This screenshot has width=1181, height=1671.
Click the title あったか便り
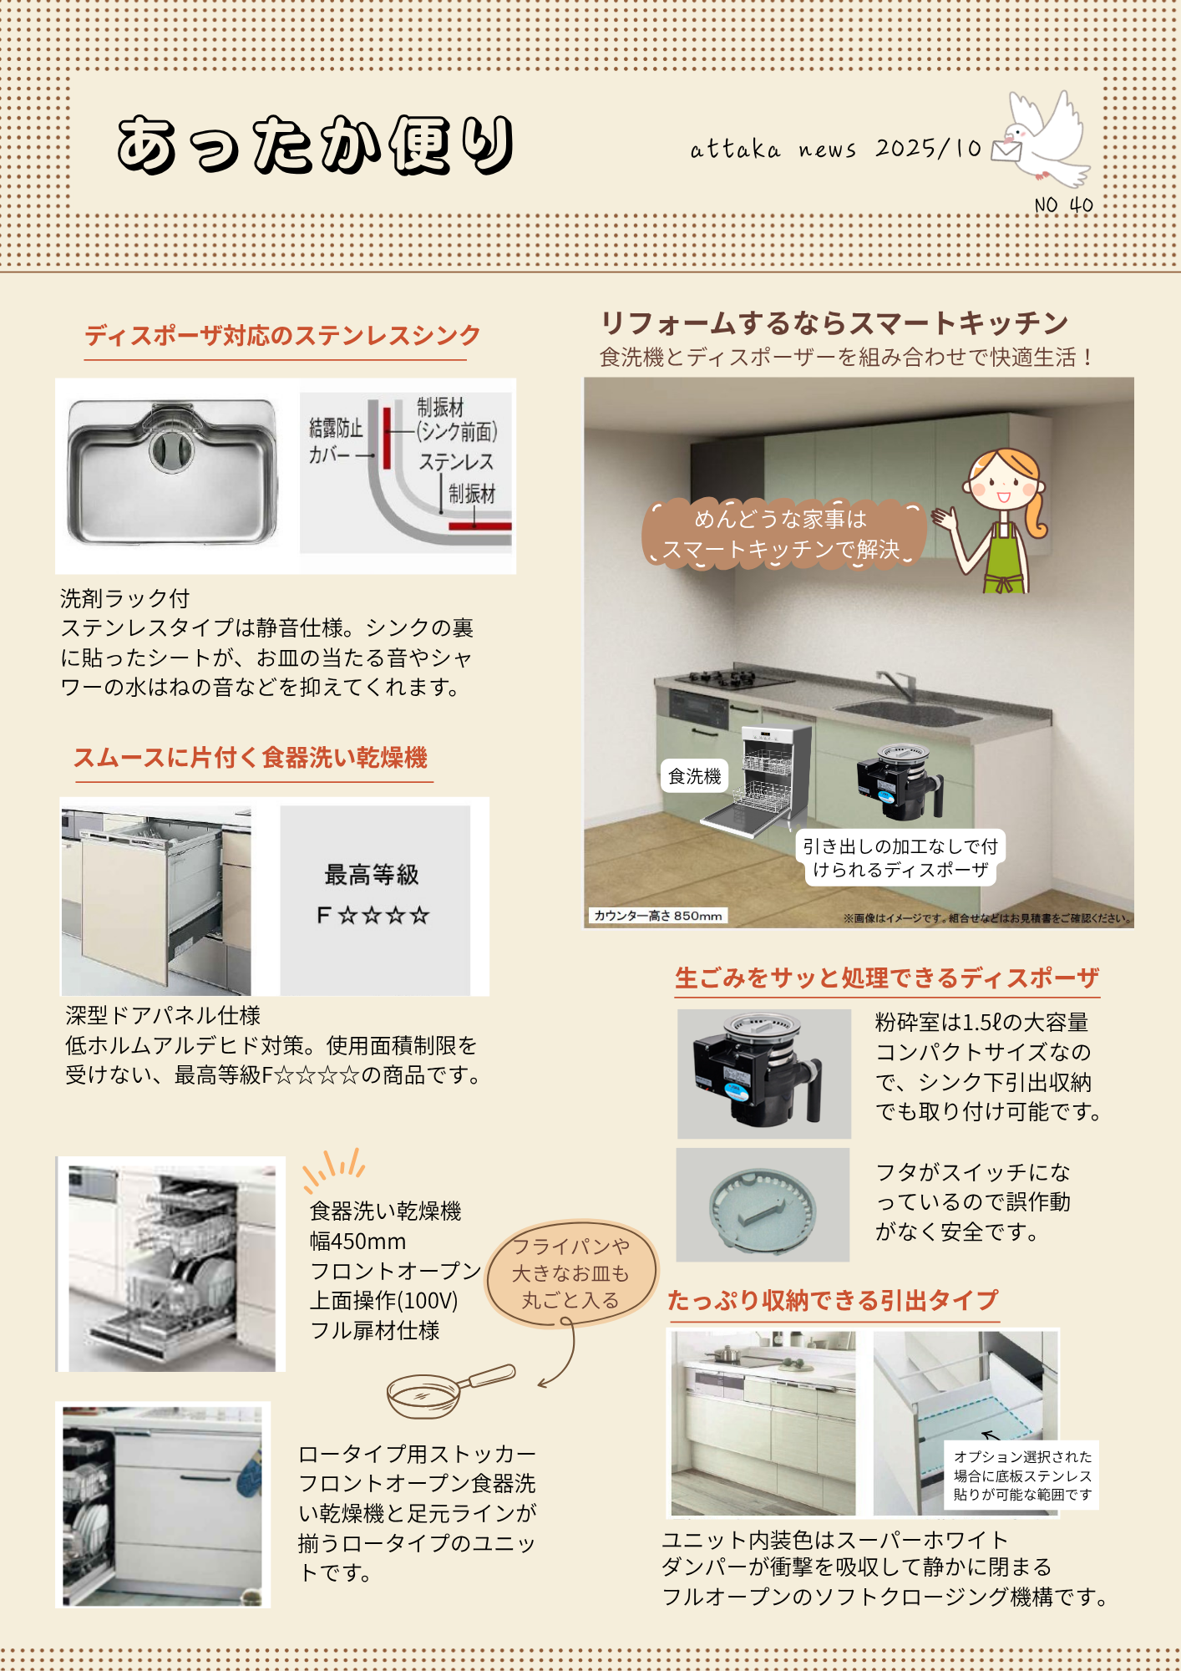tap(316, 145)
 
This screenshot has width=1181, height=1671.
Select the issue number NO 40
tap(1063, 205)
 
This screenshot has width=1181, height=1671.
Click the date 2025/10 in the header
tap(928, 148)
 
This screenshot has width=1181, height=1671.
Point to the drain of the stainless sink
tap(171, 451)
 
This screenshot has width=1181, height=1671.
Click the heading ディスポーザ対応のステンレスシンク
tap(282, 335)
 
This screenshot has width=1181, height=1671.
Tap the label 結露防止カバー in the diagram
tap(336, 441)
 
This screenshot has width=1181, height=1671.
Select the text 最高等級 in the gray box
tap(372, 875)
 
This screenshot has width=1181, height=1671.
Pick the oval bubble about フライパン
tap(571, 1273)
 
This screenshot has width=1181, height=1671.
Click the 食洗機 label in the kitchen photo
tap(694, 776)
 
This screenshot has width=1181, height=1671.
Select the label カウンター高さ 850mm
tap(658, 916)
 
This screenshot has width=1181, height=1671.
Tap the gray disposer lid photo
tap(763, 1205)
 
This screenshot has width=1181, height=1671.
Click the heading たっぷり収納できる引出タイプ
tap(833, 1300)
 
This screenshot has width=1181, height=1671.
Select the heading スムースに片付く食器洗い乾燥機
tap(251, 757)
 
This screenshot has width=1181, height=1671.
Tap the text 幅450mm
tap(358, 1241)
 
